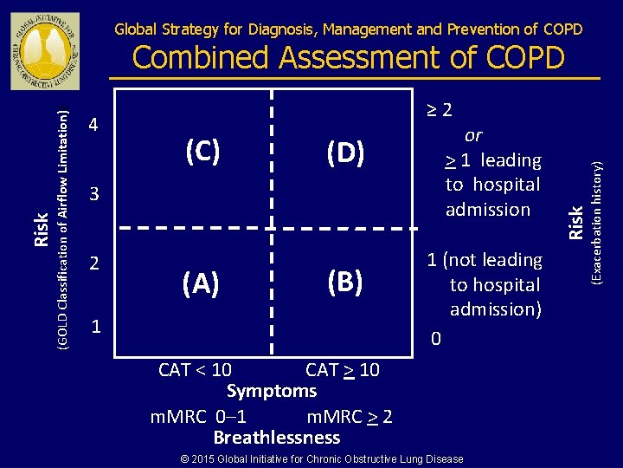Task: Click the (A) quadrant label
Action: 201,283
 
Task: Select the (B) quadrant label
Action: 344,283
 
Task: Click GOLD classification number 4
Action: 94,126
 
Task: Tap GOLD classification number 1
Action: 97,328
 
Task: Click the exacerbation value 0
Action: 436,339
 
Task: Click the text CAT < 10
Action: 195,370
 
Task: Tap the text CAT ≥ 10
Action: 343,370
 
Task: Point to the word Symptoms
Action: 272,391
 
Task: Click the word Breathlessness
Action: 277,438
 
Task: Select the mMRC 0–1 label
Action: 198,416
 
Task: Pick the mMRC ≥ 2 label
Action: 350,416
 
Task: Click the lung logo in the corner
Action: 45,50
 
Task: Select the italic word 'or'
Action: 473,135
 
